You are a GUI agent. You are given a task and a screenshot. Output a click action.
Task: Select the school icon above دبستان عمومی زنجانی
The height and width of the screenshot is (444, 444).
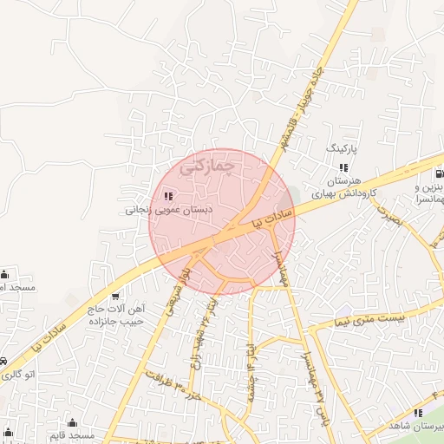pyautogui.click(x=167, y=195)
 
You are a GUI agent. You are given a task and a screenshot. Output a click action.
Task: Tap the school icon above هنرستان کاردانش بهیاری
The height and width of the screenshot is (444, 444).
pyautogui.click(x=343, y=167)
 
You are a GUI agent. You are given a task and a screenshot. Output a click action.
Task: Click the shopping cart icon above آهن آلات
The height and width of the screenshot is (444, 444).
pyautogui.click(x=115, y=295)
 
